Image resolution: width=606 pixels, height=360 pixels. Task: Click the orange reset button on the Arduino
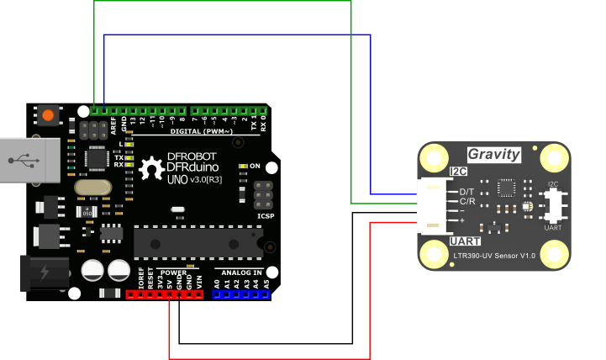click(48, 115)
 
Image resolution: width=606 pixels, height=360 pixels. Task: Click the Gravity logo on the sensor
click(493, 155)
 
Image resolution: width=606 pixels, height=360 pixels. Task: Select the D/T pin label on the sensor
click(467, 193)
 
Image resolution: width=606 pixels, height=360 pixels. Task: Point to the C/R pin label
click(467, 202)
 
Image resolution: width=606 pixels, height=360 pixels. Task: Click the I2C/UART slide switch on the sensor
click(553, 204)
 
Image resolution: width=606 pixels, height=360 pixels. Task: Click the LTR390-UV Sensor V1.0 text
click(494, 255)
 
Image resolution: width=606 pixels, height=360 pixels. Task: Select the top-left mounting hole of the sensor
click(435, 157)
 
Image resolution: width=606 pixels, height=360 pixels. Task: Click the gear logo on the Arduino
click(152, 168)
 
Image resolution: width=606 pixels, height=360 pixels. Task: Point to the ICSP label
click(266, 216)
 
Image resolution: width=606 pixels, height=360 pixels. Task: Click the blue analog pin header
click(241, 295)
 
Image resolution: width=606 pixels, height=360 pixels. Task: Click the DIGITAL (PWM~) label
click(202, 131)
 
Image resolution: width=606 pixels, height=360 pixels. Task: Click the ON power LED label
click(255, 166)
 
